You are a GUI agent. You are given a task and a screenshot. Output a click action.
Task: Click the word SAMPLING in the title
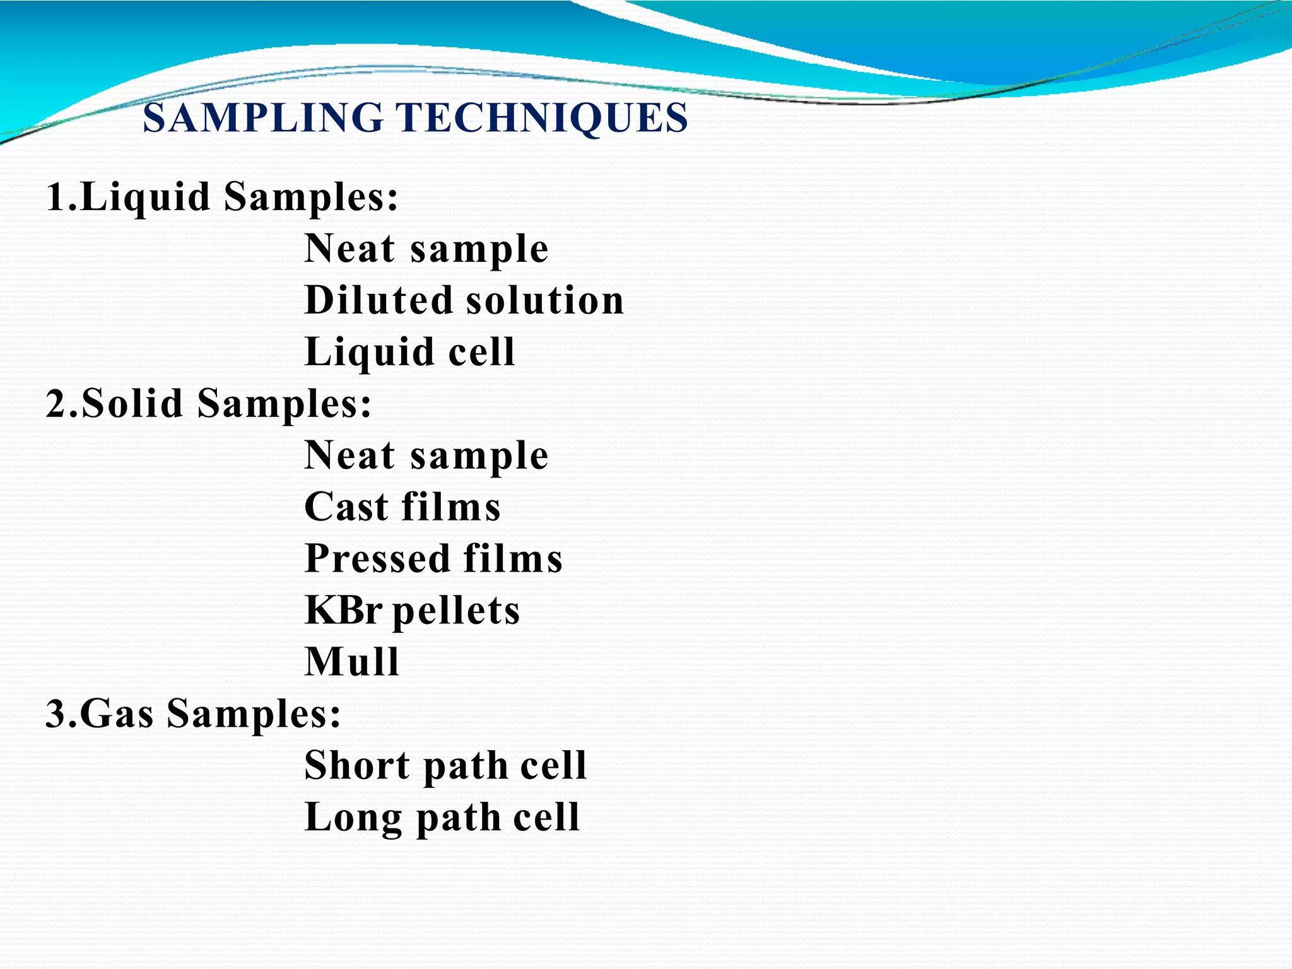pos(262,118)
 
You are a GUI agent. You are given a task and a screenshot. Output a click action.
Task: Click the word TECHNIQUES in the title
pos(541,118)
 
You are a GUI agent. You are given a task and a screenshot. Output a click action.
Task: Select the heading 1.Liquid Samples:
pos(222,197)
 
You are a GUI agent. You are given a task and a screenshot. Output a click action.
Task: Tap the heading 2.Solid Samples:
pos(209,404)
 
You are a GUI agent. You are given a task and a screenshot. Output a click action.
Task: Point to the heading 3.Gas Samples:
pos(193,714)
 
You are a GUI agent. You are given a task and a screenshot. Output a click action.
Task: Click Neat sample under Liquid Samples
pos(426,249)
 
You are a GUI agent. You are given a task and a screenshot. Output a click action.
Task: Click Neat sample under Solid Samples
pos(426,455)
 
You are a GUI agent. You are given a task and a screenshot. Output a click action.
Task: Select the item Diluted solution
pos(464,300)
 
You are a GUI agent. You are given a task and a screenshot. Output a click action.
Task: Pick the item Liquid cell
pos(409,352)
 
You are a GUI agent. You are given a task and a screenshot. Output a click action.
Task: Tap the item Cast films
pos(402,507)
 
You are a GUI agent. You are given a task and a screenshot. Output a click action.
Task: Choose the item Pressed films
pos(433,559)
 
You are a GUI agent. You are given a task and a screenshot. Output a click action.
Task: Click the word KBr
pos(343,611)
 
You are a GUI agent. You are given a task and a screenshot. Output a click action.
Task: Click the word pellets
pos(456,611)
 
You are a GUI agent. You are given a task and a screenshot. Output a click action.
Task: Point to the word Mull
pos(352,662)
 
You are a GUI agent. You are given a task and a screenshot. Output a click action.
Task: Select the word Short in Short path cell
pos(357,766)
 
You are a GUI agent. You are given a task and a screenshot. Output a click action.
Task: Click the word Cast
pos(346,507)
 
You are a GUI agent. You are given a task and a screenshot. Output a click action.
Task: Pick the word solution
pos(545,300)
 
